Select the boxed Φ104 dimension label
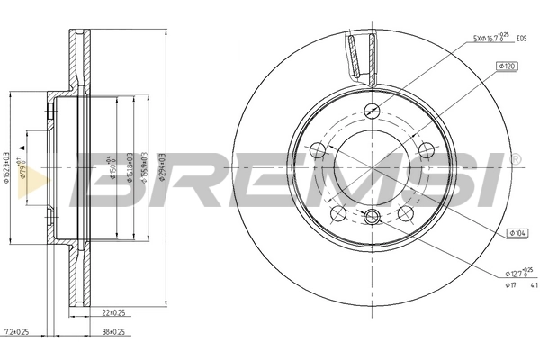pos(517,232)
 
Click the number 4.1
pos(533,285)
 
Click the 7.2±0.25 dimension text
pos(16,330)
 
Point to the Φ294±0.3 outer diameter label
pos(161,167)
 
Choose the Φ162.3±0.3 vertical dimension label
pos(7,167)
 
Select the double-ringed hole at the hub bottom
pos(373,216)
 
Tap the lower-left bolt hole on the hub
pos(338,213)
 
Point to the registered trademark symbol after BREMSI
pos(514,158)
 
